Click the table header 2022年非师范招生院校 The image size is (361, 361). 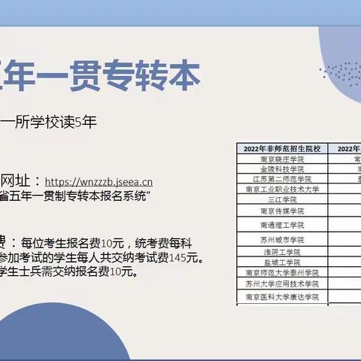pos(281,149)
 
